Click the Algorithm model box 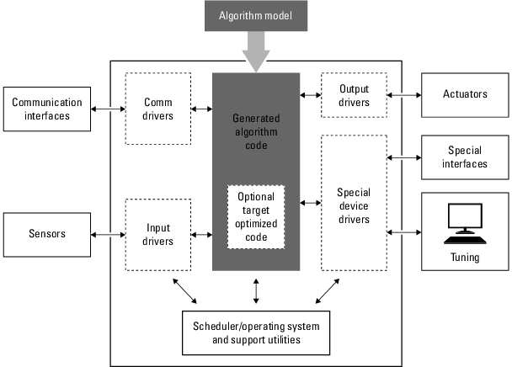click(256, 16)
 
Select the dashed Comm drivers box click(157, 109)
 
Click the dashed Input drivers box click(157, 235)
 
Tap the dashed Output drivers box click(354, 95)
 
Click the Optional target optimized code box click(255, 215)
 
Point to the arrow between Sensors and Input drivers click(107, 234)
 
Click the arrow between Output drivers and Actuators click(403, 95)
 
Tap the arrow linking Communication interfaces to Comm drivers click(107, 109)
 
